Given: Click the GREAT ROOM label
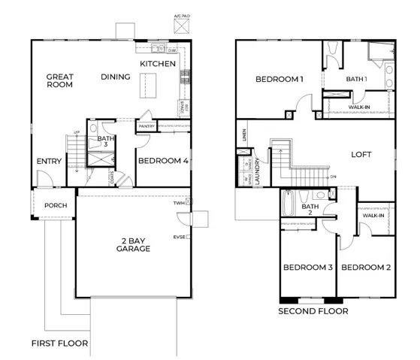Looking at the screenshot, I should [x=59, y=81].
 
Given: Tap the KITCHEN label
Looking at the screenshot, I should [x=158, y=64].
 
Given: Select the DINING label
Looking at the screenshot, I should [x=116, y=77].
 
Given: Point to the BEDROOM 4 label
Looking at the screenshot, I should [x=162, y=160].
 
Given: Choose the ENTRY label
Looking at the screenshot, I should [x=50, y=161].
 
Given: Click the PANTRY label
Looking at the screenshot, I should [x=147, y=126].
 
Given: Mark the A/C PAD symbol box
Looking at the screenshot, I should [x=180, y=27].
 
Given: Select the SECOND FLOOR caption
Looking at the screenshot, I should [x=313, y=311].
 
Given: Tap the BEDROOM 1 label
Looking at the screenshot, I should [x=279, y=79].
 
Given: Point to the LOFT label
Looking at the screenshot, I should [x=361, y=155].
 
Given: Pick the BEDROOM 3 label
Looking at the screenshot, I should [x=308, y=268].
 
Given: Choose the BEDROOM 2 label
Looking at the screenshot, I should [x=366, y=268].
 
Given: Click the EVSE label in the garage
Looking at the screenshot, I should [x=179, y=237].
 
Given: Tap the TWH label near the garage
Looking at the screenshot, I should [x=179, y=203].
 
